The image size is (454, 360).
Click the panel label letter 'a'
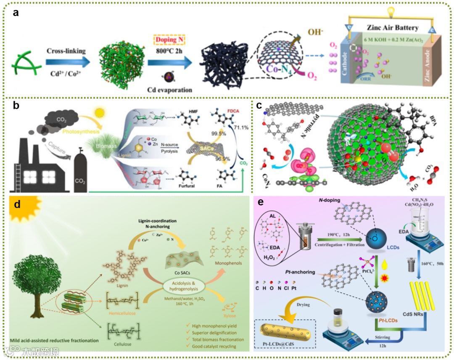point(16,12)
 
